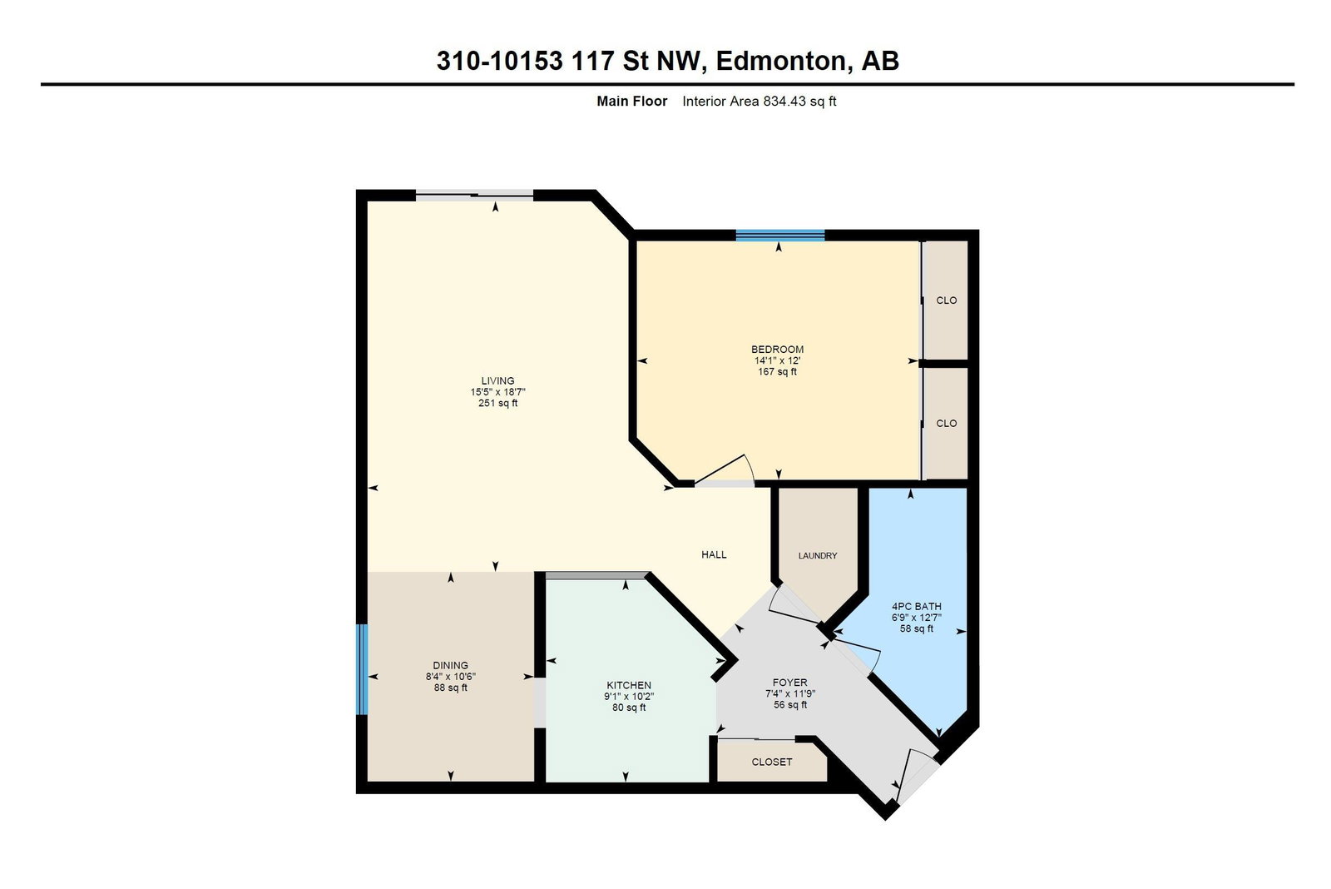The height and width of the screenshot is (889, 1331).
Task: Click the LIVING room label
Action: click(498, 380)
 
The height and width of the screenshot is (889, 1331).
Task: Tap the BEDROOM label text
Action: click(777, 349)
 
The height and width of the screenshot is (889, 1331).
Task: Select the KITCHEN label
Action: click(629, 685)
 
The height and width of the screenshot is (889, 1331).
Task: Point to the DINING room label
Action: click(450, 665)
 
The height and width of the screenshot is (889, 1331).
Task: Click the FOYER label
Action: click(789, 682)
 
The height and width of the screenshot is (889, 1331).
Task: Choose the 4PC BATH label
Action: click(916, 607)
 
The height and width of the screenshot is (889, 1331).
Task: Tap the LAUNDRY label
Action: click(818, 555)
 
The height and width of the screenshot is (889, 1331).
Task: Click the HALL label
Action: click(714, 554)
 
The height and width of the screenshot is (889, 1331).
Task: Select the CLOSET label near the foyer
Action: click(771, 762)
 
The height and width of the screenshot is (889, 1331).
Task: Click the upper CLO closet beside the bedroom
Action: click(947, 300)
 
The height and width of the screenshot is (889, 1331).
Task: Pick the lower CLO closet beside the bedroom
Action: click(947, 423)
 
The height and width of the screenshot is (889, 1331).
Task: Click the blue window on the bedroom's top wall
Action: click(780, 236)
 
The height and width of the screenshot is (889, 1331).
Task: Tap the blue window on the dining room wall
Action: click(362, 669)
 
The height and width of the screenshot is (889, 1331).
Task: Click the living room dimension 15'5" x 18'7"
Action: click(498, 392)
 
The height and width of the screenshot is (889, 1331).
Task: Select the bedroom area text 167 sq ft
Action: click(777, 371)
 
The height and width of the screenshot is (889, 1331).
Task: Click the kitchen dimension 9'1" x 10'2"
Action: click(629, 697)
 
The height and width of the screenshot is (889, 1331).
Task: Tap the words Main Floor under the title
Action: click(631, 101)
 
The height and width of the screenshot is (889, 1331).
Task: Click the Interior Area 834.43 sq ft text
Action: click(759, 101)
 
